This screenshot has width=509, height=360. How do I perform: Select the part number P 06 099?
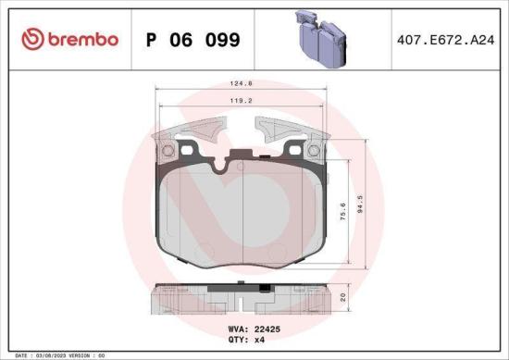point(193,40)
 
